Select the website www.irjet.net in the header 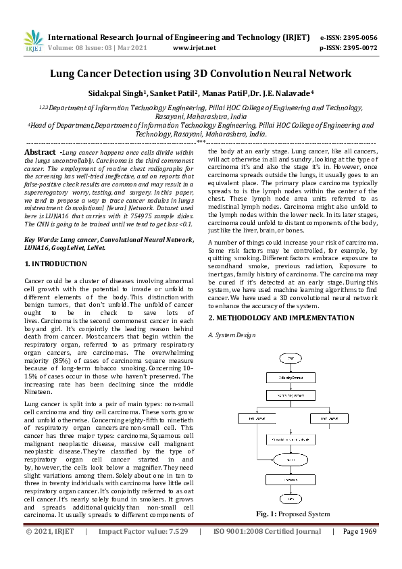coord(195,48)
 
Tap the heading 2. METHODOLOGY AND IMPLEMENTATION coord(281,318)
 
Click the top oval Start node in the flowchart coord(290,357)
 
